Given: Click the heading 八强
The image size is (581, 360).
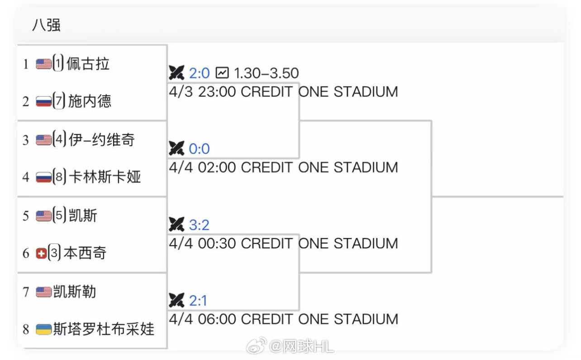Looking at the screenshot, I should click(x=46, y=25).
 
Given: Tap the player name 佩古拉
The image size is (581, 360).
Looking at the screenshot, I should click(x=88, y=64).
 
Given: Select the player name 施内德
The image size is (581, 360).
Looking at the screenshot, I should click(x=90, y=101).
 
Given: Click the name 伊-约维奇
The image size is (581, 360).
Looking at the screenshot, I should click(x=102, y=140).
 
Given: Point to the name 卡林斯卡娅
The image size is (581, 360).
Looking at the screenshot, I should click(x=105, y=177).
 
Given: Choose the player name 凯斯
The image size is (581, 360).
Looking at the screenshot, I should click(x=83, y=216).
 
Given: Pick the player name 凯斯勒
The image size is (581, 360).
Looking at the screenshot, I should click(x=75, y=292).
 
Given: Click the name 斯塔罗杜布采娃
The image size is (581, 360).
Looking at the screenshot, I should click(x=104, y=329).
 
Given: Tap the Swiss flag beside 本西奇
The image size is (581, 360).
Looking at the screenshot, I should click(x=41, y=253).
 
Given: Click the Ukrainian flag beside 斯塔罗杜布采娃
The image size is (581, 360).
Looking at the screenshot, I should click(x=43, y=329).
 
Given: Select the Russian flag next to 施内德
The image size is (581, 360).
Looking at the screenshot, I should click(x=43, y=101).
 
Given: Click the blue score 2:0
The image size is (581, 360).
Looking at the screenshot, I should click(x=200, y=73).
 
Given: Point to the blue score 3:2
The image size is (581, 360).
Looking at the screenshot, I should click(x=200, y=225).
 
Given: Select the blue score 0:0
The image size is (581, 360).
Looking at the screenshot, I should click(x=200, y=148).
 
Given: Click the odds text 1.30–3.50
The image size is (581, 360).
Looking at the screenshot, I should click(x=266, y=73).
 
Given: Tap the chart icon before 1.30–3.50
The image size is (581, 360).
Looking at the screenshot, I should click(x=222, y=72).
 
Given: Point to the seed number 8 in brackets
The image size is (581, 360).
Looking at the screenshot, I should click(x=59, y=177).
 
